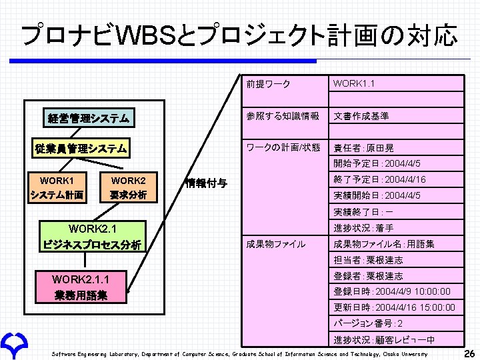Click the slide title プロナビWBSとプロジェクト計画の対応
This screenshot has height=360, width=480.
(239, 35)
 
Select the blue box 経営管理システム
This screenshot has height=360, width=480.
(89, 119)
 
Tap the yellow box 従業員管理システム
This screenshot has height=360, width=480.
(81, 148)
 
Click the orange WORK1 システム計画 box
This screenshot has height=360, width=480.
(57, 187)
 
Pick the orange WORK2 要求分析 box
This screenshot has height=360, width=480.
(129, 187)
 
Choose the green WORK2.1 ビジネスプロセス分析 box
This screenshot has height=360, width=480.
(92, 237)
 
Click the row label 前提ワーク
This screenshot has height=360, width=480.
(267, 84)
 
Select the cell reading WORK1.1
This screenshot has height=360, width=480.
(354, 84)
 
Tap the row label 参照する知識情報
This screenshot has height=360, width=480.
(283, 116)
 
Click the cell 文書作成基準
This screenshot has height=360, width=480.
(361, 116)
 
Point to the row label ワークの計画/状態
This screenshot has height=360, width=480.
(283, 147)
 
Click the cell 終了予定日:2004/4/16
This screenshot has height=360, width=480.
(379, 179)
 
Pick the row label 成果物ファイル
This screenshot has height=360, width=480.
(276, 244)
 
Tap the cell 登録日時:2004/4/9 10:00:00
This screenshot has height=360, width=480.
(392, 292)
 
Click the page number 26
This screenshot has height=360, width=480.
(469, 353)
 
